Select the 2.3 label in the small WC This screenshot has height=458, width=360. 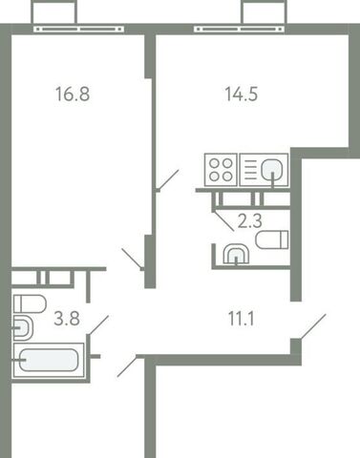(x=249, y=220)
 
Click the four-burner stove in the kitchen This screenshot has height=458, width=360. (x=221, y=171)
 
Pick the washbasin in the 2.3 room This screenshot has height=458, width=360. (x=234, y=255)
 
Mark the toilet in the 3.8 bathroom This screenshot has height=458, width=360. (x=30, y=304)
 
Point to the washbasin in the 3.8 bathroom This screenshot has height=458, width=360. (x=21, y=330)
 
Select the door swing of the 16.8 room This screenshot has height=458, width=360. (x=134, y=259)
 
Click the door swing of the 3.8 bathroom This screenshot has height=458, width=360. (x=98, y=323)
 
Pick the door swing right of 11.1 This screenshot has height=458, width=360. (x=311, y=327)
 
